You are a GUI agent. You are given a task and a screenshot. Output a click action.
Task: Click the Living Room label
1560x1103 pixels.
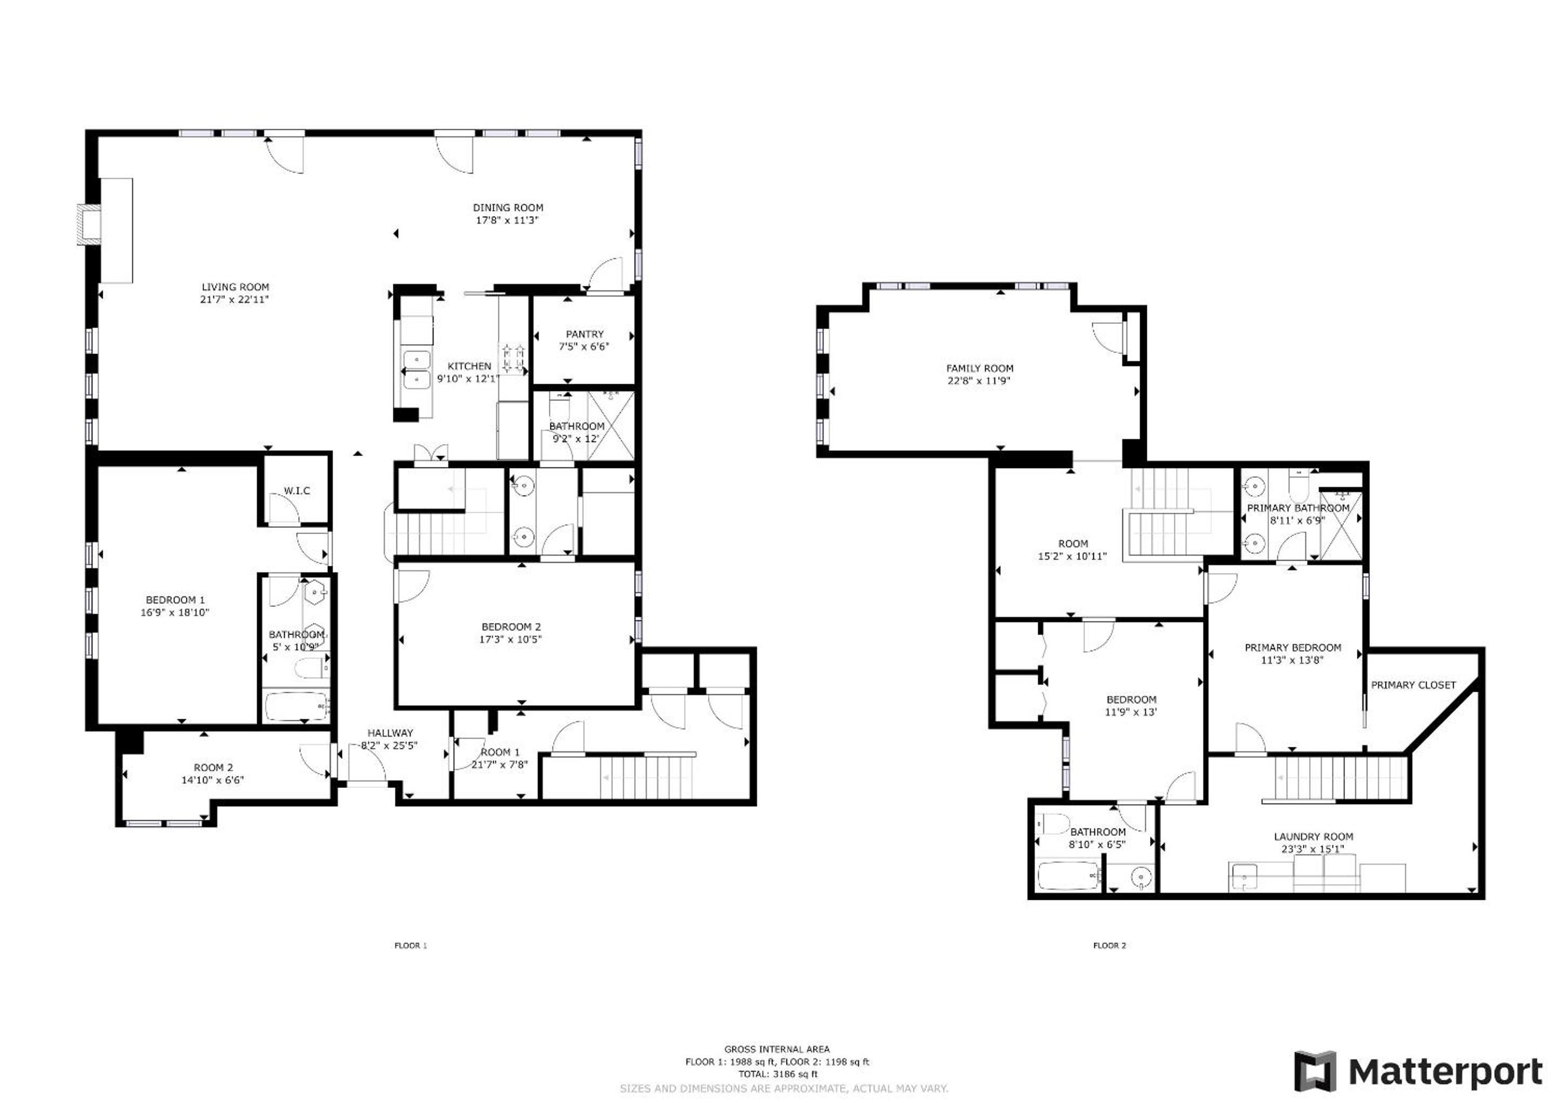pyautogui.click(x=235, y=288)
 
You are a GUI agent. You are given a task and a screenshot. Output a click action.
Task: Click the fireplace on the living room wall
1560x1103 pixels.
pyautogui.click(x=89, y=225)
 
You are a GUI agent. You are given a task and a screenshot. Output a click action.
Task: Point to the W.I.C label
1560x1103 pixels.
pyautogui.click(x=297, y=491)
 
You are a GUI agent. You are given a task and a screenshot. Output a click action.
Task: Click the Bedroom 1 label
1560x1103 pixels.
pyautogui.click(x=176, y=600)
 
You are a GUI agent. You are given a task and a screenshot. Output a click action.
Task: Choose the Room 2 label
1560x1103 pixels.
pyautogui.click(x=213, y=768)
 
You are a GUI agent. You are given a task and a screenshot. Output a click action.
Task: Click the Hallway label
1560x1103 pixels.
pyautogui.click(x=390, y=733)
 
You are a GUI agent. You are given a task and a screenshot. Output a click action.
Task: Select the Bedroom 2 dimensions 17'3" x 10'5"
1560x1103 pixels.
pyautogui.click(x=510, y=639)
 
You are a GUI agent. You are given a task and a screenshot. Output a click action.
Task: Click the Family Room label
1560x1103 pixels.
pyautogui.click(x=980, y=369)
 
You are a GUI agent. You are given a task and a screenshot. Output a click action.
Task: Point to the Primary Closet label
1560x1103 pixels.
pyautogui.click(x=1413, y=685)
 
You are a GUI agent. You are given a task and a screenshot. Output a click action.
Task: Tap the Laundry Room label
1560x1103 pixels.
pyautogui.click(x=1313, y=837)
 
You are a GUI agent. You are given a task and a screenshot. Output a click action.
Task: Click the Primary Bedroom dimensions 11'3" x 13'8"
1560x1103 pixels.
pyautogui.click(x=1292, y=660)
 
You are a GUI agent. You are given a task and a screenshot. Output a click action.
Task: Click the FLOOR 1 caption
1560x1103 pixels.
pyautogui.click(x=411, y=945)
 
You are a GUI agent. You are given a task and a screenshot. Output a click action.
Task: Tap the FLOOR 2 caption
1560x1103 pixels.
pyautogui.click(x=1110, y=945)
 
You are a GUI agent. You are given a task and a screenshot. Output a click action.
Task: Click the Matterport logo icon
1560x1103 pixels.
pyautogui.click(x=1315, y=1072)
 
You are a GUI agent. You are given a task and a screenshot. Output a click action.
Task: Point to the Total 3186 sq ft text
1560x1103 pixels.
pyautogui.click(x=778, y=1074)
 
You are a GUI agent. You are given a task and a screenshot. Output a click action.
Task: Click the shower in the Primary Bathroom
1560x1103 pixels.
pyautogui.click(x=1340, y=525)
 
